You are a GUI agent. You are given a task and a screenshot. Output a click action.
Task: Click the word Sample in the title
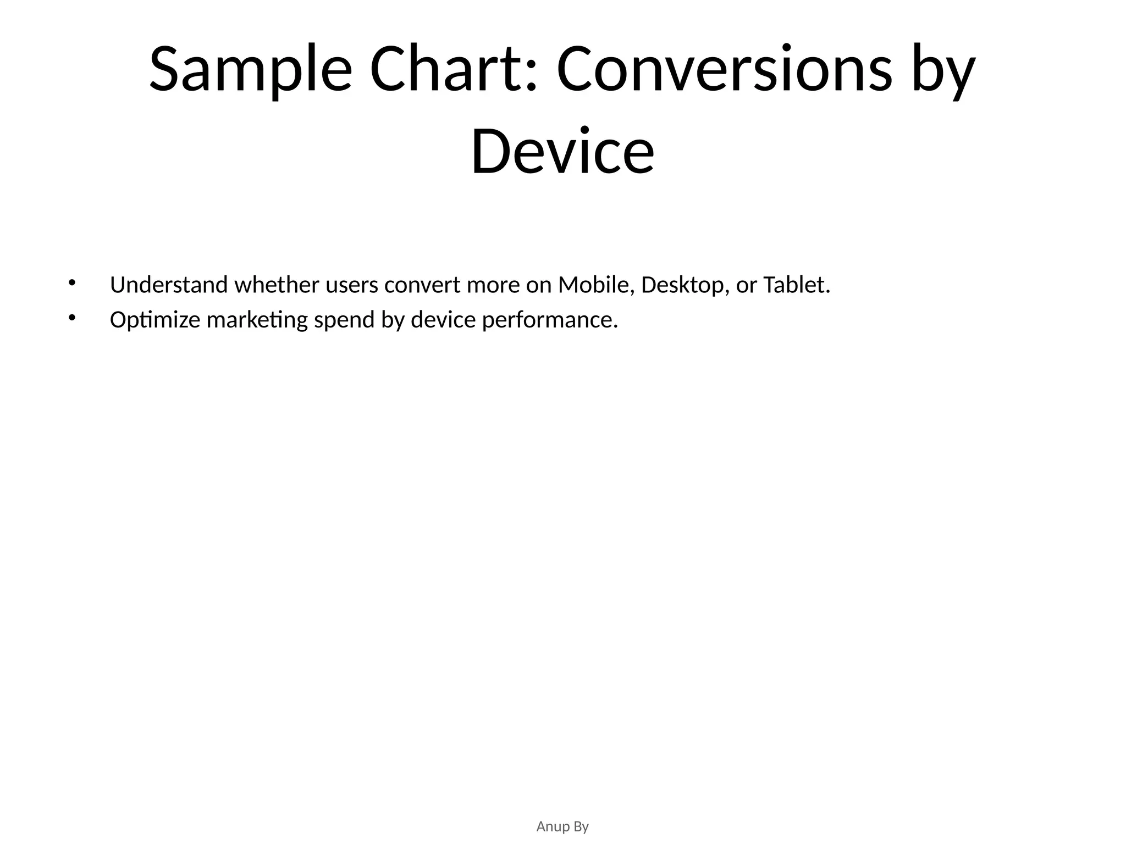point(250,70)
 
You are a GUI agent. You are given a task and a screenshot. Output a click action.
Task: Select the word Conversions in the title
point(724,70)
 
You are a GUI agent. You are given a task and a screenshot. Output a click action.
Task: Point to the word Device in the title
point(562,151)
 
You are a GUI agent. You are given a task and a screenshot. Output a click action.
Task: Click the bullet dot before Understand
point(71,283)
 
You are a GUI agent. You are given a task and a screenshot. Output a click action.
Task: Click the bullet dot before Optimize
point(71,318)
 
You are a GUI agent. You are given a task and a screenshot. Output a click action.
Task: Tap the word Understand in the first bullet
point(169,285)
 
